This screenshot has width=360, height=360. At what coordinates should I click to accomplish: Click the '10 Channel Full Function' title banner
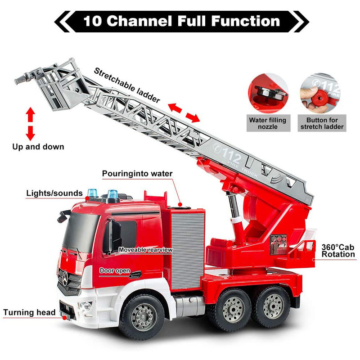click(x=181, y=21)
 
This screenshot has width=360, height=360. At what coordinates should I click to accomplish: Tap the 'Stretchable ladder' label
click(x=127, y=86)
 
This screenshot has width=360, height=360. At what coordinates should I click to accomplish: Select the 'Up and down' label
click(x=38, y=147)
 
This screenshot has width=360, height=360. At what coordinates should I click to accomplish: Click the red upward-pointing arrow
click(x=30, y=115)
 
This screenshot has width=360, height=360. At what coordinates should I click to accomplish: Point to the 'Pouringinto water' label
click(x=137, y=174)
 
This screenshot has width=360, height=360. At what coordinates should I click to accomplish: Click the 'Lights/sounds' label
click(x=54, y=193)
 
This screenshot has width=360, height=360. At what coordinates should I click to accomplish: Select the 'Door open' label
click(x=115, y=271)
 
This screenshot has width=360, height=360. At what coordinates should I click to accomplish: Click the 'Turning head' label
click(x=29, y=312)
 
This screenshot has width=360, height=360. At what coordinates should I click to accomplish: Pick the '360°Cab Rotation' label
click(x=338, y=251)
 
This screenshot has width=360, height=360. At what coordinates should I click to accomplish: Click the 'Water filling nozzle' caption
click(x=268, y=123)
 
